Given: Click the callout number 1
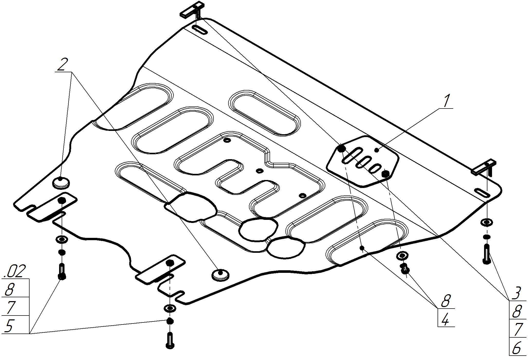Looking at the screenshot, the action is coord(447,101).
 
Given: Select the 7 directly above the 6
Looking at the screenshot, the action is coord(516,330).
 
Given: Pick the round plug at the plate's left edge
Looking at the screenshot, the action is coord(61,182).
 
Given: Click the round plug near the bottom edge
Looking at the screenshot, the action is coord(220,275).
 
